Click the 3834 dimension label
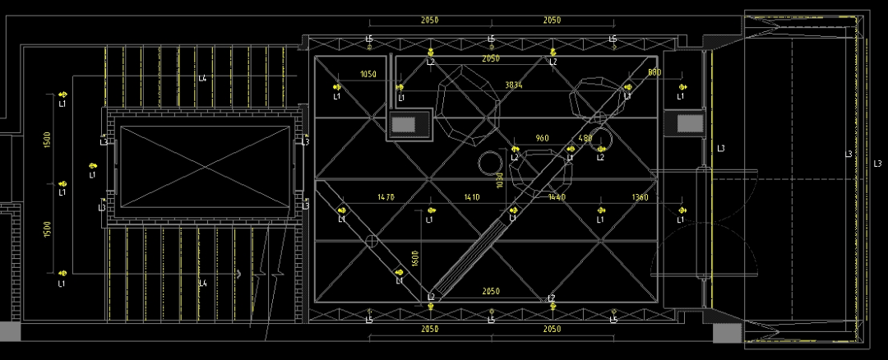tap(513, 85)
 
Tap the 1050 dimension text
tap(368, 75)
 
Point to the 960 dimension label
tap(542, 138)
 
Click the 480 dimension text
tap(585, 138)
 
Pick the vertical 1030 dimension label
tap(498, 180)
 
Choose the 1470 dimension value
tap(386, 197)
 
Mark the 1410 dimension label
tap(472, 197)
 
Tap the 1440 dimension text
tap(557, 197)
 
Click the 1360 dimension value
tap(641, 197)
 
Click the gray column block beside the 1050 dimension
tap(405, 124)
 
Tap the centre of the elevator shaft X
tap(205, 164)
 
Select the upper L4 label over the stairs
tap(202, 79)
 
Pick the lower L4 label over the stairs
tap(202, 284)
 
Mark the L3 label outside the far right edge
tap(877, 163)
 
